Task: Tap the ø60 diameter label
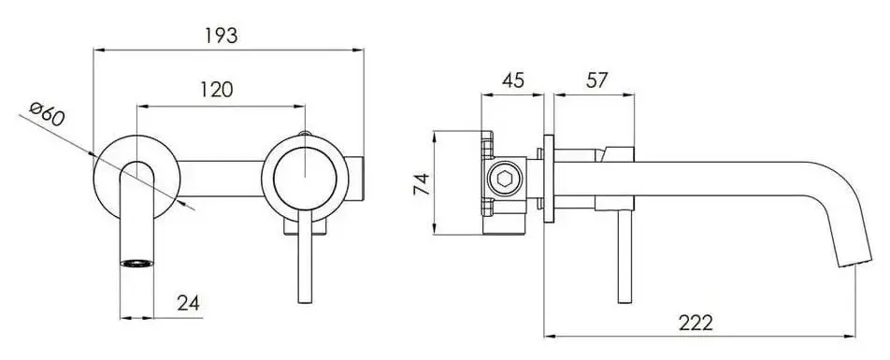tap(46, 116)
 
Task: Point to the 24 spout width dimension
tap(187, 303)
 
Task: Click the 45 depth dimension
tap(512, 80)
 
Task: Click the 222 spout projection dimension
tap(696, 323)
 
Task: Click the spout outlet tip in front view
tap(136, 263)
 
